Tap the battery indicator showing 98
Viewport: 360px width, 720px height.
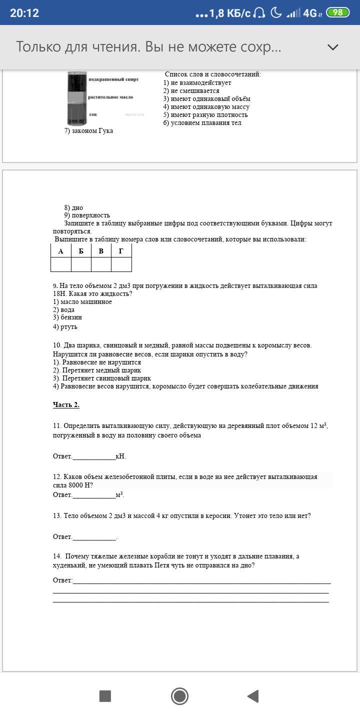(337, 12)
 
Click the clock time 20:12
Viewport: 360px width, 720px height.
(24, 13)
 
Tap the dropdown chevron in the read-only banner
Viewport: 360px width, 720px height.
(332, 47)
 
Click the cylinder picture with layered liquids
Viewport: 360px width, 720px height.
(77, 98)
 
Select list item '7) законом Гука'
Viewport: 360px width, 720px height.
(88, 131)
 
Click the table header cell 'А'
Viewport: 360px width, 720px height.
(61, 251)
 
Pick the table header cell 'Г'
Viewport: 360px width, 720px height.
(121, 251)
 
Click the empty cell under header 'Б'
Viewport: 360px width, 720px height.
(81, 264)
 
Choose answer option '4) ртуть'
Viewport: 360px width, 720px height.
(65, 327)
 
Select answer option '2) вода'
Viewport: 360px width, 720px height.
(64, 310)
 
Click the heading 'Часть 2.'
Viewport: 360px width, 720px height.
(66, 405)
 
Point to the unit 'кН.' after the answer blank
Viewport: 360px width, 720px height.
(120, 456)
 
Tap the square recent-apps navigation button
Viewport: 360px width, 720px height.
(105, 696)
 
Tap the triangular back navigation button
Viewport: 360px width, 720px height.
(253, 696)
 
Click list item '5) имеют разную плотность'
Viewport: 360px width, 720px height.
(205, 115)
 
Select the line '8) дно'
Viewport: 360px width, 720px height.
(73, 208)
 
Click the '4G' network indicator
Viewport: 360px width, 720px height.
(310, 13)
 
